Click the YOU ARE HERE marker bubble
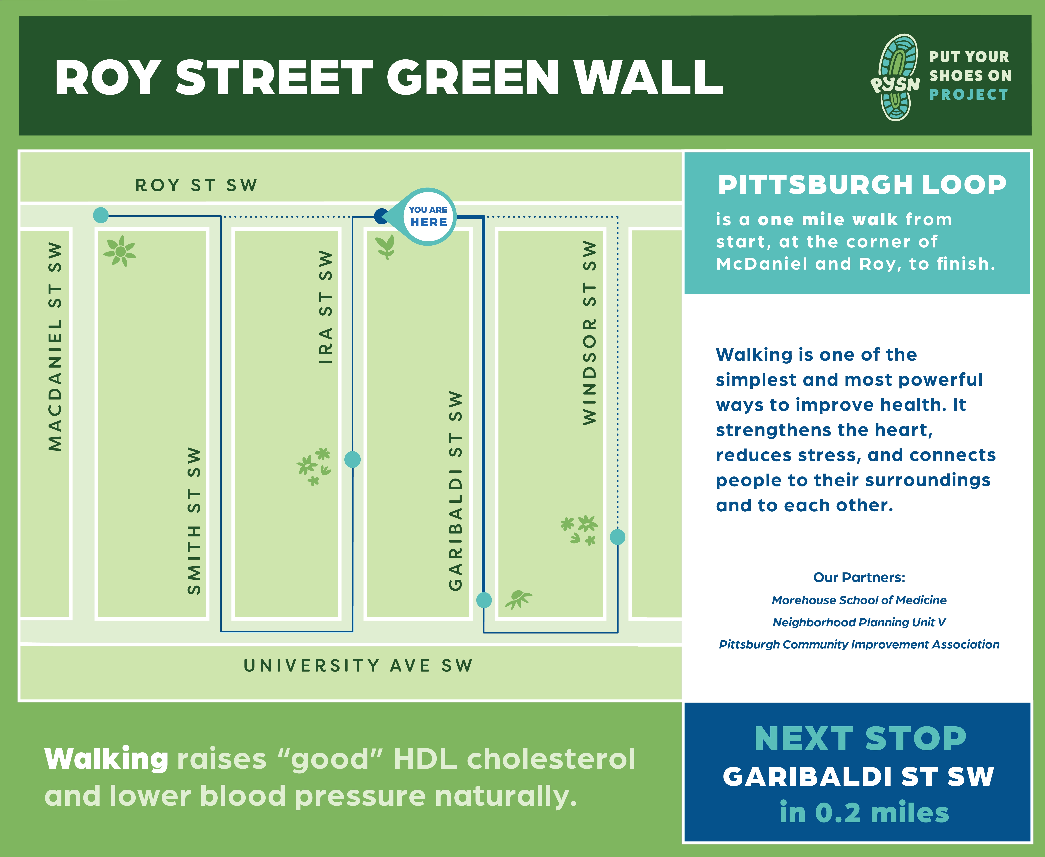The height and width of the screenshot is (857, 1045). [x=427, y=217]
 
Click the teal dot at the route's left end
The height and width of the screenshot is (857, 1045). [x=101, y=215]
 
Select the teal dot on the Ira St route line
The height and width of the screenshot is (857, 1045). [x=353, y=460]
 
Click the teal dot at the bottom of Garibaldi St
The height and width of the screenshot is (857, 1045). [x=484, y=600]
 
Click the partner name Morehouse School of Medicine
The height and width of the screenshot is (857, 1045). [x=859, y=600]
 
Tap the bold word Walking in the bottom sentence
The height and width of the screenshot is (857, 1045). [x=106, y=759]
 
